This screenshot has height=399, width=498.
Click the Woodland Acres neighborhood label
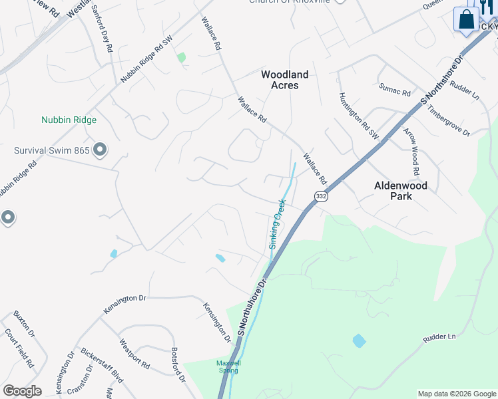click(284, 80)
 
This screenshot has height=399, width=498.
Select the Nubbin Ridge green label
click(69, 120)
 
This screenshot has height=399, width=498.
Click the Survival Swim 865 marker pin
click(100, 150)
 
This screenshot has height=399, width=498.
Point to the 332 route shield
click(321, 196)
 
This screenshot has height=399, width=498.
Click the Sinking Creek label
click(278, 223)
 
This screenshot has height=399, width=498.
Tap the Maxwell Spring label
click(228, 366)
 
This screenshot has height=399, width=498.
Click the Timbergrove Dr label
click(449, 120)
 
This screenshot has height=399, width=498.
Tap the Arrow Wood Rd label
click(411, 152)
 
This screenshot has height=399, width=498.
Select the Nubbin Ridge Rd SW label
click(146, 59)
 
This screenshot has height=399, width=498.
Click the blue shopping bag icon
click(467, 19)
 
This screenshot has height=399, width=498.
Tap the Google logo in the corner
click(22, 391)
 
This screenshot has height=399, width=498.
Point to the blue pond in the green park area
click(359, 341)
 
